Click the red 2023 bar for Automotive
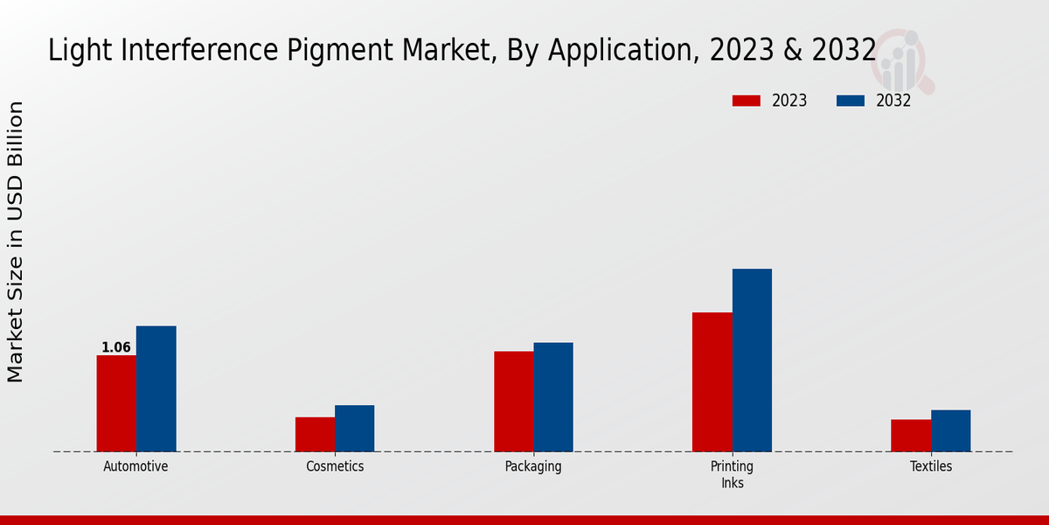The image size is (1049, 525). pyautogui.click(x=116, y=403)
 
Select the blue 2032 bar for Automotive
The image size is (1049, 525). pyautogui.click(x=156, y=388)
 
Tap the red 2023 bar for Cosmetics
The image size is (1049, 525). pyautogui.click(x=315, y=434)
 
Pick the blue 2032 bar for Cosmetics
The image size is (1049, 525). pyautogui.click(x=354, y=428)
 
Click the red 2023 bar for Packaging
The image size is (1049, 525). pyautogui.click(x=513, y=401)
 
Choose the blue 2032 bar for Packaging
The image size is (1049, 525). pyautogui.click(x=553, y=396)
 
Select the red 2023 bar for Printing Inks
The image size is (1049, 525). pyautogui.click(x=712, y=381)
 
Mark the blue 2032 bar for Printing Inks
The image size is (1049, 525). pyautogui.click(x=752, y=360)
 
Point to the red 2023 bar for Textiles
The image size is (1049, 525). pyautogui.click(x=911, y=435)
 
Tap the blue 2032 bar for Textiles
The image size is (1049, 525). pyautogui.click(x=950, y=430)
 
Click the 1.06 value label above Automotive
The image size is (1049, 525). pyautogui.click(x=116, y=347)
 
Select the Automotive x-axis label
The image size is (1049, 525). pyautogui.click(x=135, y=466)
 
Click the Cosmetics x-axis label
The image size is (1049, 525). pyautogui.click(x=335, y=466)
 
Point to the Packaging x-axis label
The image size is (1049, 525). pyautogui.click(x=533, y=466)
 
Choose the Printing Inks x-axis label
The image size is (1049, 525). pyautogui.click(x=732, y=474)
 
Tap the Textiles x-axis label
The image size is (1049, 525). pyautogui.click(x=931, y=466)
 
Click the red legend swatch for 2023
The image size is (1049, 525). pyautogui.click(x=747, y=101)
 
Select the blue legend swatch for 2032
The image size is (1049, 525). pyautogui.click(x=851, y=101)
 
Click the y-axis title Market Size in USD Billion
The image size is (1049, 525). pyautogui.click(x=16, y=241)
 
